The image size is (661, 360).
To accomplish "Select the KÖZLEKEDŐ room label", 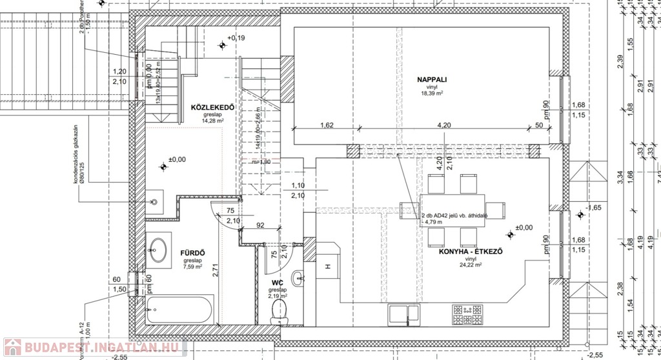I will pyautogui.click(x=212, y=106).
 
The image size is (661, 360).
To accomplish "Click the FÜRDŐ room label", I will pyautogui.click(x=192, y=252).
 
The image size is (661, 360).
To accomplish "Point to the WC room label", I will pyautogui.click(x=276, y=283).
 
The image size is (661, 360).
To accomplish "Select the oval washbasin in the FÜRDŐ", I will pyautogui.click(x=157, y=250).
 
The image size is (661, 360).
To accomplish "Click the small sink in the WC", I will pyautogui.click(x=297, y=279).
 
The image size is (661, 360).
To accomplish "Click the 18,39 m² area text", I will pyautogui.click(x=432, y=94).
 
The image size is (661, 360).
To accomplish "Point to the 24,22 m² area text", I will pyautogui.click(x=471, y=265).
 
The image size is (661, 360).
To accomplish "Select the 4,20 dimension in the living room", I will pyautogui.click(x=443, y=126).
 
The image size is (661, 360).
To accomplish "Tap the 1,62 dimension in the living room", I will pyautogui.click(x=326, y=126).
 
